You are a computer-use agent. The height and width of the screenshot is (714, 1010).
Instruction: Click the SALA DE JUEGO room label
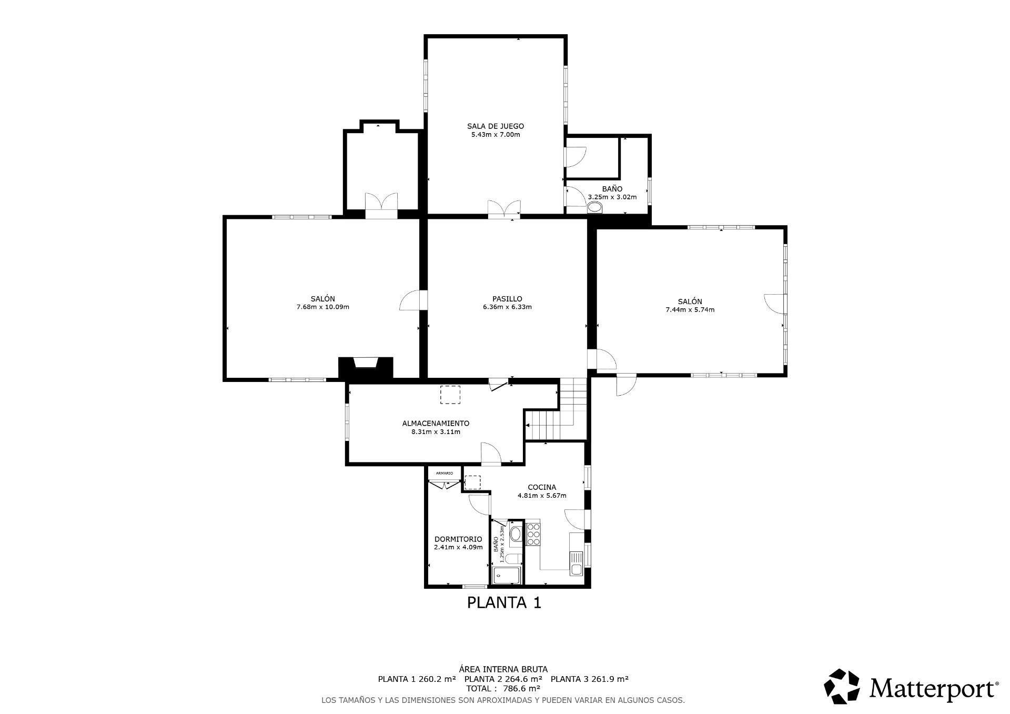(496, 126)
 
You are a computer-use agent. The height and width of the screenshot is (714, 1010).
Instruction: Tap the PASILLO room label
(507, 299)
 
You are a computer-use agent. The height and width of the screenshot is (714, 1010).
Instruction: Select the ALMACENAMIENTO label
(436, 424)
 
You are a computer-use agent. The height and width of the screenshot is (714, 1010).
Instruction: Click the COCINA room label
(542, 487)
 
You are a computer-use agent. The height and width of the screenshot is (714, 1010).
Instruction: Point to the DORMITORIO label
(458, 539)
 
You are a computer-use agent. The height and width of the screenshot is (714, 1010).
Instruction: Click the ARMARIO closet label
(445, 473)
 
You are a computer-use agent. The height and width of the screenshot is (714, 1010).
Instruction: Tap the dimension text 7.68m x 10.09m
(323, 307)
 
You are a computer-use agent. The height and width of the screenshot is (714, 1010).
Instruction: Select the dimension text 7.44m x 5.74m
(690, 310)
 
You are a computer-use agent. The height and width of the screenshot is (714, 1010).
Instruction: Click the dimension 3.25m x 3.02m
(612, 197)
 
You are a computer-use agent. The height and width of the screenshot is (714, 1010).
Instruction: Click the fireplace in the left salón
(366, 367)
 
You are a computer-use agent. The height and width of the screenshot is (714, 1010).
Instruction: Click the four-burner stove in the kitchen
(533, 534)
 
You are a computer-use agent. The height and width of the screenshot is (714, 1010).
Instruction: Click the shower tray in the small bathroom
(506, 575)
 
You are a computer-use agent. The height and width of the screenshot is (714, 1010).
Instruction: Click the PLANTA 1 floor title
(504, 602)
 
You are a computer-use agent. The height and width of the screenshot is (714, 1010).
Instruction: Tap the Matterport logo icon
(842, 686)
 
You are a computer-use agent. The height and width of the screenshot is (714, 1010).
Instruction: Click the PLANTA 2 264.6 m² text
(503, 679)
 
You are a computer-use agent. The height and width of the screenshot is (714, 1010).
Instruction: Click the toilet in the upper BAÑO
(595, 208)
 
